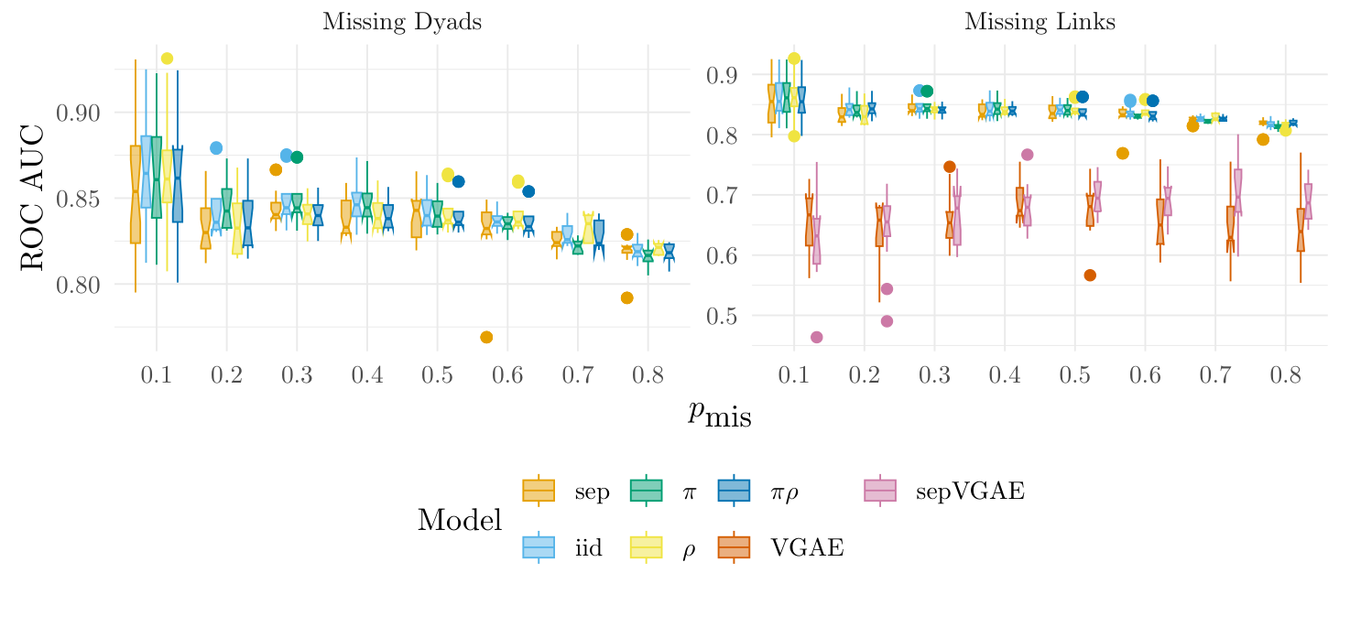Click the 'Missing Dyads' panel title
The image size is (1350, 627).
pos(402,23)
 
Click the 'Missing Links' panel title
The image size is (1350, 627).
pos(1040,23)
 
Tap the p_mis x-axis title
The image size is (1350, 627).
pos(719,415)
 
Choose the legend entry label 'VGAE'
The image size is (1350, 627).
pos(807,547)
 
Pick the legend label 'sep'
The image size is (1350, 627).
pos(592,492)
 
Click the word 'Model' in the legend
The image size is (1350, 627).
pos(459,520)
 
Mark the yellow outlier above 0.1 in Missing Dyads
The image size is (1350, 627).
pos(167,59)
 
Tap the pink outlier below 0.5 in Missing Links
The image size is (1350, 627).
pos(817,337)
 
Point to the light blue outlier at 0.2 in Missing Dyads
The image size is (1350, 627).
pos(216,147)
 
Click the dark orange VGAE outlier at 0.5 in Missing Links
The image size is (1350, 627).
pos(1089,276)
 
